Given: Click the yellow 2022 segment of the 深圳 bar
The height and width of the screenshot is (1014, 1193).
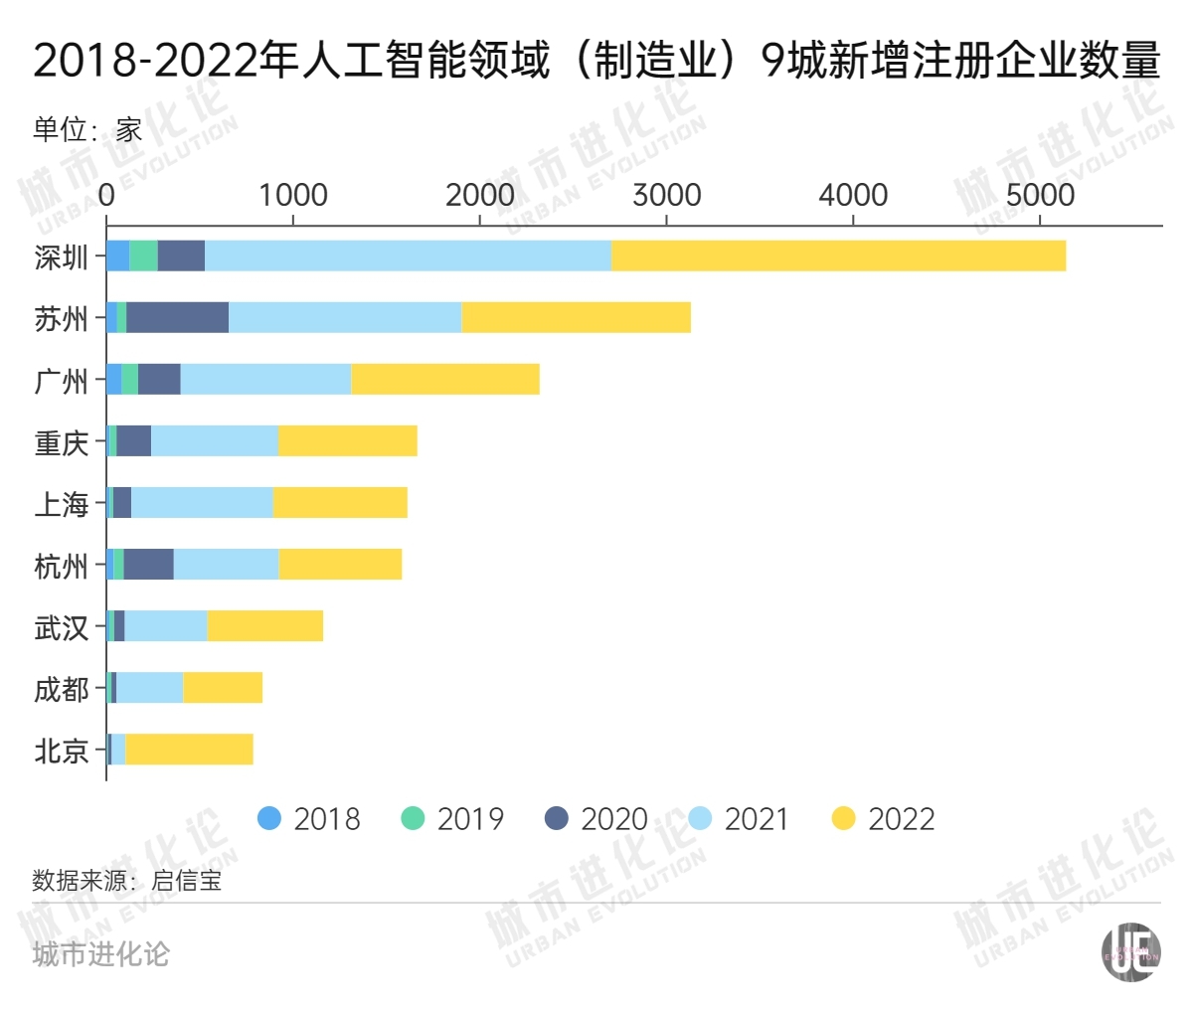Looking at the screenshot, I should click(x=838, y=255).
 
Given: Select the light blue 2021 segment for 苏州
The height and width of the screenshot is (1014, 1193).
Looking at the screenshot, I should click(x=345, y=317).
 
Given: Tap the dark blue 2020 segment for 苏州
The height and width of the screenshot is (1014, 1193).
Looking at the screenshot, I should click(x=177, y=317).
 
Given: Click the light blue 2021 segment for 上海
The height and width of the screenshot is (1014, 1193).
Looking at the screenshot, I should click(x=202, y=502).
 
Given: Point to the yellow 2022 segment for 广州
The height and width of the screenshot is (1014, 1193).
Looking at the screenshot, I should click(x=444, y=379).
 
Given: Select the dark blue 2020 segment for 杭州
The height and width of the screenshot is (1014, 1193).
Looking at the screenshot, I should click(x=148, y=564).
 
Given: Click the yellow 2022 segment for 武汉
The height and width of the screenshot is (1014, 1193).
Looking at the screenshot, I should click(x=264, y=625).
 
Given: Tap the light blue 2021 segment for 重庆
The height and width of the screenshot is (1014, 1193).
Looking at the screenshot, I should click(x=214, y=440).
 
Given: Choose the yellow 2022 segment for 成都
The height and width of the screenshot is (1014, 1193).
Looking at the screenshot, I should click(x=223, y=687).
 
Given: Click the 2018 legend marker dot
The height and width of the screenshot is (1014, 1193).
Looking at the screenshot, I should click(x=269, y=818).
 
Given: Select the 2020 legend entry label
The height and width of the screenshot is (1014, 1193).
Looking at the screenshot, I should click(x=613, y=819).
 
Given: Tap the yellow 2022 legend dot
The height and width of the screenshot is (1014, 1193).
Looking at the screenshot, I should click(x=843, y=818).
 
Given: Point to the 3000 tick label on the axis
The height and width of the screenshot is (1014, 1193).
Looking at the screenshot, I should click(x=666, y=195).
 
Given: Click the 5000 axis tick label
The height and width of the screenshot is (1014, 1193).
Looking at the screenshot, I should click(x=1039, y=195).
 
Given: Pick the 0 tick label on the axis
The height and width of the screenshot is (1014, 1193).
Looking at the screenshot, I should click(x=106, y=195).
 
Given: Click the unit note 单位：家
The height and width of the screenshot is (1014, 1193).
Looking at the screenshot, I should click(x=87, y=129).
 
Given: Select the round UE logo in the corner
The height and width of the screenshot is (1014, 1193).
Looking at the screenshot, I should click(x=1130, y=951).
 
